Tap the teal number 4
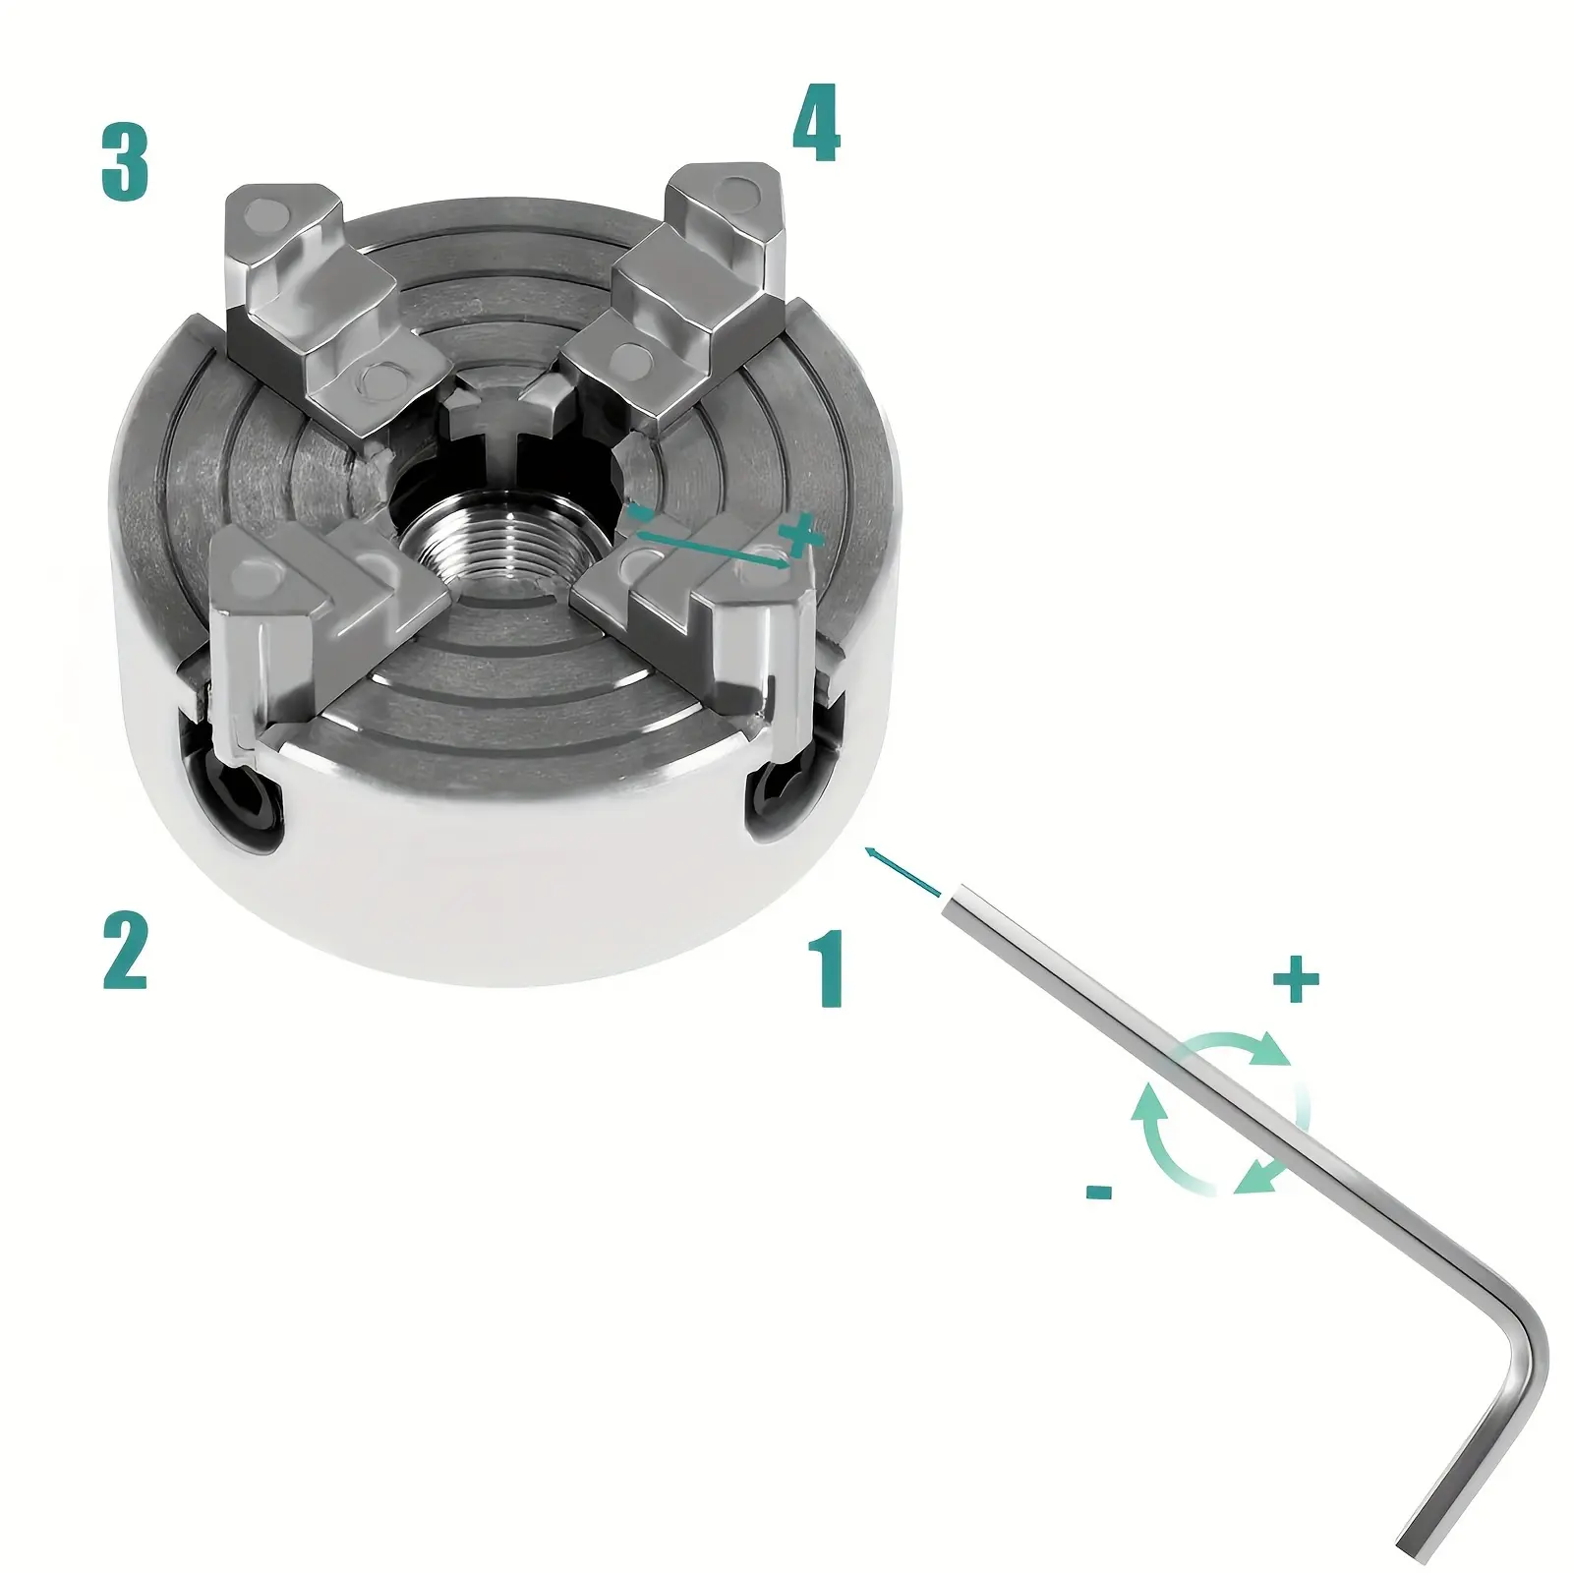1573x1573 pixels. [816, 124]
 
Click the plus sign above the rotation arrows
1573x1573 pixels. [1296, 980]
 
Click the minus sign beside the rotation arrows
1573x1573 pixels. [1100, 1193]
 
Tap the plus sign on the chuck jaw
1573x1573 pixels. [798, 536]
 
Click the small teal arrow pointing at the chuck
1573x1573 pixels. [902, 871]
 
